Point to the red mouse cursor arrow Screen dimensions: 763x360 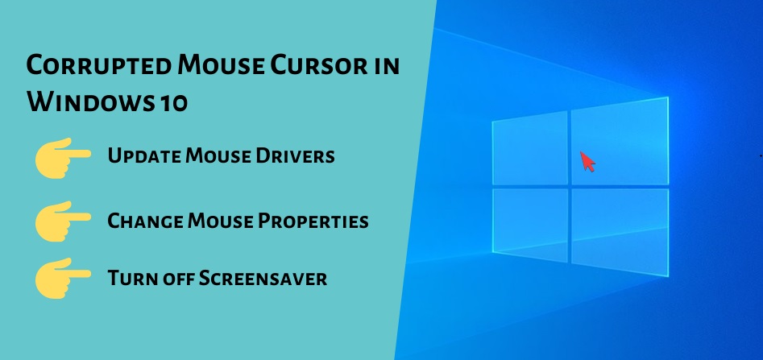587,161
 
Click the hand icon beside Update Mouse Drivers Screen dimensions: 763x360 63,157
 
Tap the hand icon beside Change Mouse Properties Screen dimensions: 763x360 63,221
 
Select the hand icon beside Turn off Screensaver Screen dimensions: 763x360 63,278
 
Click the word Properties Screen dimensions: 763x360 313,221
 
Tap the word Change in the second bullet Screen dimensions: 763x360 145,221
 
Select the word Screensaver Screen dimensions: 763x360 263,279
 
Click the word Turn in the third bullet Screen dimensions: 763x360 128,279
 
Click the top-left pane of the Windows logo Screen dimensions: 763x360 530,148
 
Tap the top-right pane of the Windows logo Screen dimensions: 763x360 620,141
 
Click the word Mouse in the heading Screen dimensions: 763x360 221,65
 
